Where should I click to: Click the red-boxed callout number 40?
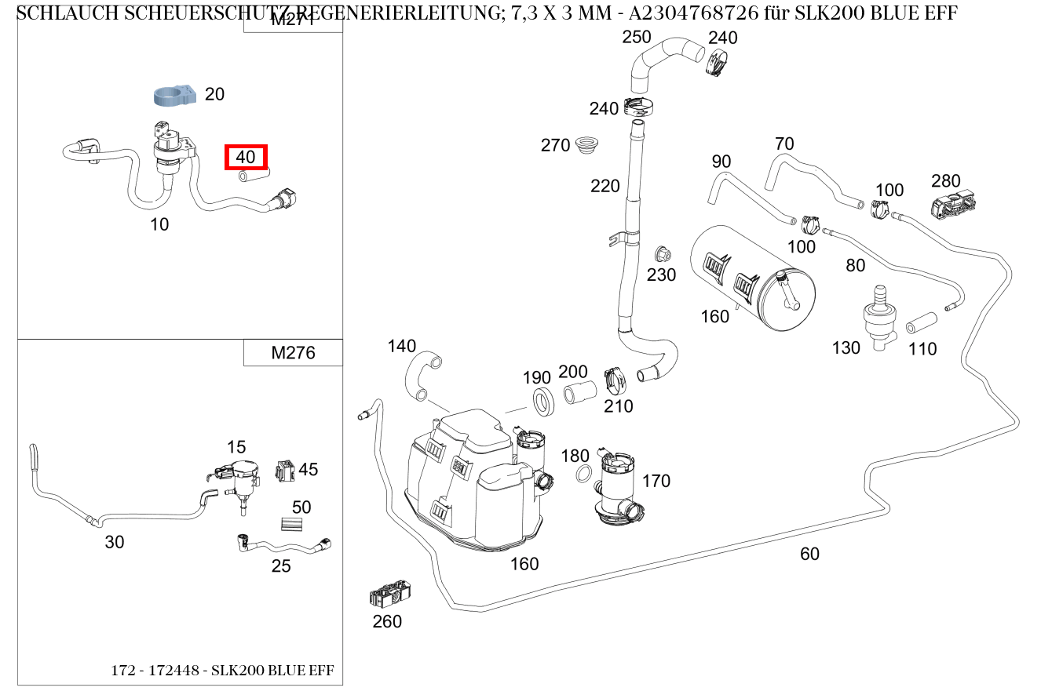click(246, 157)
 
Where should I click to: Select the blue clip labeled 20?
click(174, 95)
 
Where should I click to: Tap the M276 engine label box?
click(293, 353)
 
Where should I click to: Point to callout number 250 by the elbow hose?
click(637, 37)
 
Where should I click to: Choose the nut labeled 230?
click(662, 254)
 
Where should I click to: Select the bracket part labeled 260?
click(389, 595)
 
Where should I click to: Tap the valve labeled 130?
click(879, 317)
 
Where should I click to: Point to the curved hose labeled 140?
click(422, 376)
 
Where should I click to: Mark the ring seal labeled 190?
click(542, 400)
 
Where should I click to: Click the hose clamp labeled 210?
click(617, 380)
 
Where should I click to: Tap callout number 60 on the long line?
click(809, 554)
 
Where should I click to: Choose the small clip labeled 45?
click(284, 471)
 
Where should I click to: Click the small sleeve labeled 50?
click(291, 526)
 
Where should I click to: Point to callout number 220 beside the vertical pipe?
click(605, 186)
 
